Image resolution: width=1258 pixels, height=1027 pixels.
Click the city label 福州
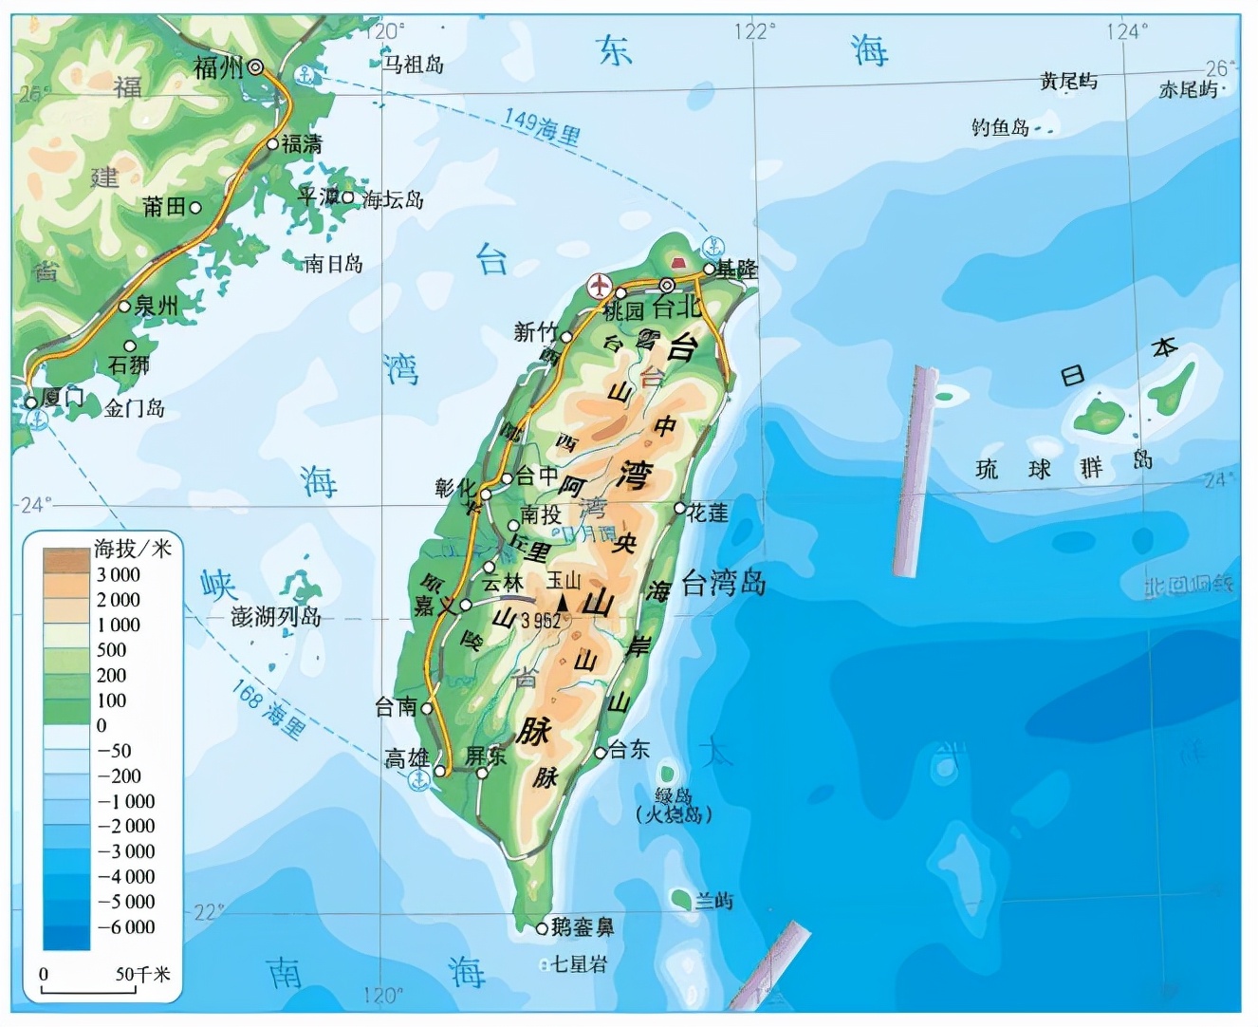point(219,66)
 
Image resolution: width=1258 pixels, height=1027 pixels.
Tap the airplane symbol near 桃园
point(600,285)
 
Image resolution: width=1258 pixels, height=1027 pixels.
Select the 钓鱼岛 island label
point(1000,127)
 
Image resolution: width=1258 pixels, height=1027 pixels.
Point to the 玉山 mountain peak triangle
point(563,603)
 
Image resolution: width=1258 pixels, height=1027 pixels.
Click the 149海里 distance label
point(542,126)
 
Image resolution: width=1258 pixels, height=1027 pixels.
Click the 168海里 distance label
point(268,709)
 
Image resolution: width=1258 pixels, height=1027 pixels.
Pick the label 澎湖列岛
point(276,617)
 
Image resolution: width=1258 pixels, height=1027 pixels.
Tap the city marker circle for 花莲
point(680,509)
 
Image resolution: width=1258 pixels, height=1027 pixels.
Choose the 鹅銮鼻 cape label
point(583,927)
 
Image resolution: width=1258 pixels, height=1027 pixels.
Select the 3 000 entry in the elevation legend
point(119,574)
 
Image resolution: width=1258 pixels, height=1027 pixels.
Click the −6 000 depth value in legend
point(126,926)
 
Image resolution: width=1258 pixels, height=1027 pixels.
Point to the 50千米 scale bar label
point(142,974)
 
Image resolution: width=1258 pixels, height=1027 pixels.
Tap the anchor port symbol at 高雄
point(417,780)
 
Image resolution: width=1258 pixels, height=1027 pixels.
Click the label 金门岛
point(135,409)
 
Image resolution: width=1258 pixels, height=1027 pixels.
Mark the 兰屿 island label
point(713,900)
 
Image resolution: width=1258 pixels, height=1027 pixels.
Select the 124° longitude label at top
point(1126,30)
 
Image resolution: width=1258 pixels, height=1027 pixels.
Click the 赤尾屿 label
point(1188,89)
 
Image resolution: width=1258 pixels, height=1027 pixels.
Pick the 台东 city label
point(629,750)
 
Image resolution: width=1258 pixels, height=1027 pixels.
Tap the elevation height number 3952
point(541,621)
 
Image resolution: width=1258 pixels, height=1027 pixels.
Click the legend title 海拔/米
point(132,549)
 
